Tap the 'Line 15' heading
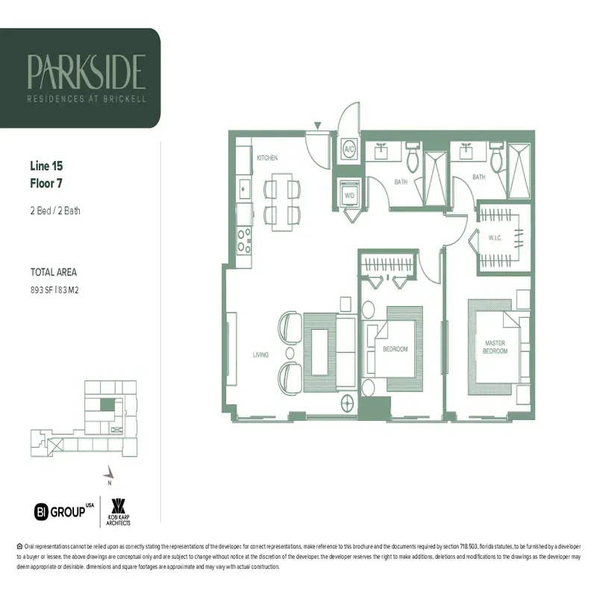click(x=49, y=166)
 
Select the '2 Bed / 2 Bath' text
click(x=55, y=210)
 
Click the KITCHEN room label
click(x=267, y=158)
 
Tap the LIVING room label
click(x=260, y=354)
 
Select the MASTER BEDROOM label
click(x=495, y=346)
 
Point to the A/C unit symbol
click(x=348, y=149)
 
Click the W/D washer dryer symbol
click(x=348, y=196)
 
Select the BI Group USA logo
click(x=65, y=511)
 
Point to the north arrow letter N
click(x=109, y=482)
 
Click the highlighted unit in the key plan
click(x=109, y=404)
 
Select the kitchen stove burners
click(x=243, y=240)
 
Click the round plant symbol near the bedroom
click(x=348, y=404)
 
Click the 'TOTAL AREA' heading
click(x=53, y=272)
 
